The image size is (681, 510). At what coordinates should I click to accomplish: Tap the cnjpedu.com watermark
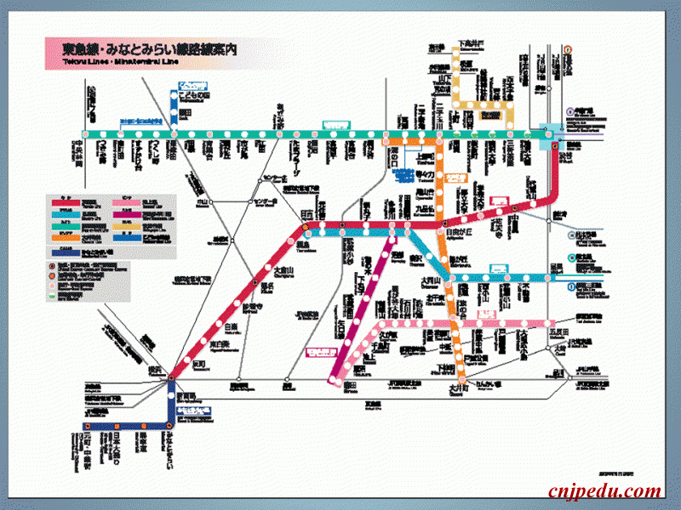[604, 490]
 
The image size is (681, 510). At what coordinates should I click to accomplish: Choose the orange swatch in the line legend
[66, 238]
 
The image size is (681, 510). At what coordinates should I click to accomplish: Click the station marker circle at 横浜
[171, 377]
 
